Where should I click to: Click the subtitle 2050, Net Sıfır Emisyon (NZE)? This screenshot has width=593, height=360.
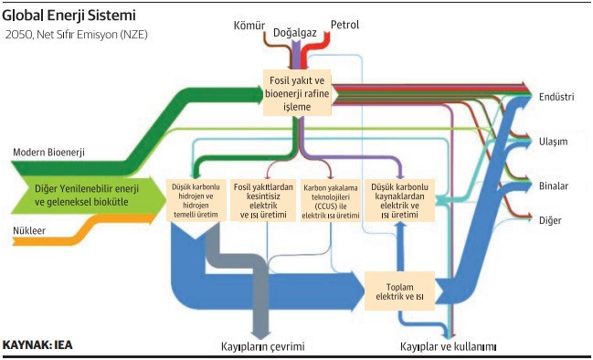tap(77, 35)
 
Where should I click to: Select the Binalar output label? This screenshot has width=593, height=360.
tap(555, 186)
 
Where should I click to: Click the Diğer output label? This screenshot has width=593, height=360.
tap(551, 221)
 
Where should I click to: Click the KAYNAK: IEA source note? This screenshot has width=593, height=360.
tap(38, 346)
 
